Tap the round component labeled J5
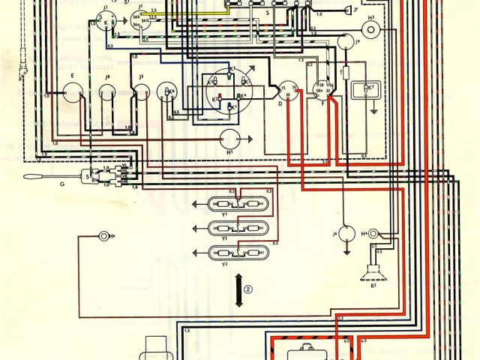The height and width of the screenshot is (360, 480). (139, 94)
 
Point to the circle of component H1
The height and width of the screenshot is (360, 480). (232, 139)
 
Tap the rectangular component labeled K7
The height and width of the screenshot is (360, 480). (367, 91)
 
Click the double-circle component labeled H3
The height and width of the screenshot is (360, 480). (370, 28)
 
